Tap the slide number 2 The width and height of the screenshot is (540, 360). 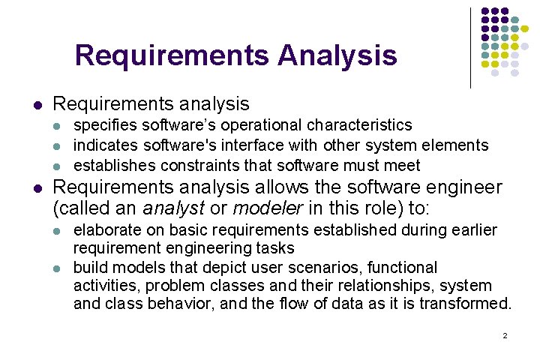click(x=505, y=335)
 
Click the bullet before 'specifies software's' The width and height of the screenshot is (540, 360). click(x=61, y=125)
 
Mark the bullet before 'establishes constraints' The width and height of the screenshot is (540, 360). click(x=61, y=166)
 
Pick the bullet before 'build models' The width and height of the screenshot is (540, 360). click(x=61, y=268)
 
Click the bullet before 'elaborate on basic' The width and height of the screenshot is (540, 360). click(x=61, y=229)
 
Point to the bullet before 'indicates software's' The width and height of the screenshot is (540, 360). click(x=61, y=145)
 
